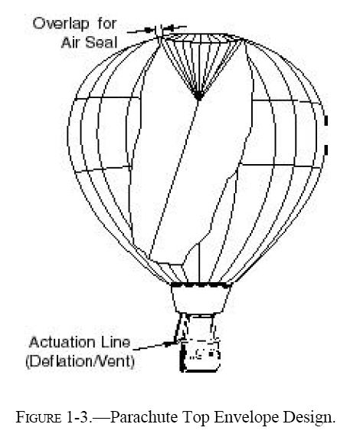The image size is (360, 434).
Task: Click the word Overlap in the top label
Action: tap(61, 24)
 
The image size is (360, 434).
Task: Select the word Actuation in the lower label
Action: tap(64, 343)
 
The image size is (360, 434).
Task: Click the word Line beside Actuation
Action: tap(117, 343)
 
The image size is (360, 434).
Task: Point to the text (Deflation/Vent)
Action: tap(80, 361)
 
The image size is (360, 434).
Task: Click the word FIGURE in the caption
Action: tap(38, 417)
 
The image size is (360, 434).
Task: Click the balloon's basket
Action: tap(200, 356)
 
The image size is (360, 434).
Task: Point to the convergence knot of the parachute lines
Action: tap(198, 96)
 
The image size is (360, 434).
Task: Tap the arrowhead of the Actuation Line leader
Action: tap(168, 344)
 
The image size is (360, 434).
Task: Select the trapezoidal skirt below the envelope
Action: tap(201, 298)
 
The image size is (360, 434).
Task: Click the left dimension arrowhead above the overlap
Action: tap(149, 30)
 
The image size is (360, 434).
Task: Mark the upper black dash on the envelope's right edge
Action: tap(326, 121)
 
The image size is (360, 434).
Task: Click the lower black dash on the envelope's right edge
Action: tap(326, 150)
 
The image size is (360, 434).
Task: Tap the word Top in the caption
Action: tap(195, 418)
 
